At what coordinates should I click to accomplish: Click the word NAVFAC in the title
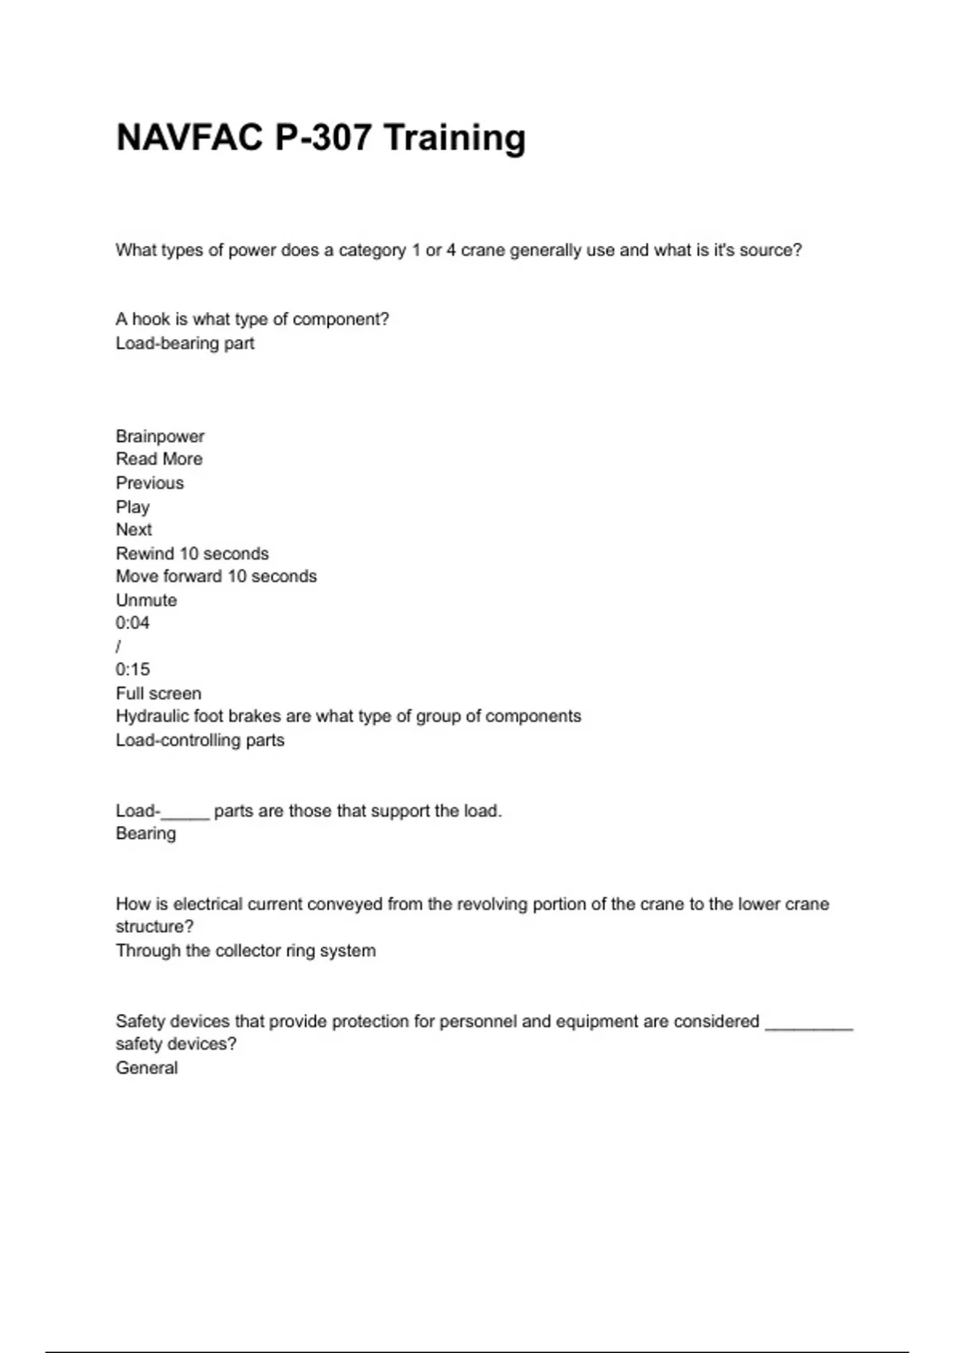(x=189, y=138)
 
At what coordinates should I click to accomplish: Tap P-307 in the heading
(x=323, y=138)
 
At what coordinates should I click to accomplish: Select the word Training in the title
(x=454, y=138)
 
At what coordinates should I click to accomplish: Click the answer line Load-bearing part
(x=185, y=343)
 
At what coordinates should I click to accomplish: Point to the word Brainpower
(x=160, y=436)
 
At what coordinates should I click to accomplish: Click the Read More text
(x=159, y=459)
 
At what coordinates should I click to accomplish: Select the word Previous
(x=150, y=483)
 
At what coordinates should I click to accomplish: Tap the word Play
(x=132, y=507)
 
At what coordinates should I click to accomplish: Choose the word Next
(x=134, y=530)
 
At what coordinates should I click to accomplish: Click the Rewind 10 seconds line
(x=192, y=553)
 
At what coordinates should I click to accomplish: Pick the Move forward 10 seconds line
(x=216, y=576)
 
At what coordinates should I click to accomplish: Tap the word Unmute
(x=146, y=600)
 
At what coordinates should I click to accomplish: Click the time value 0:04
(x=132, y=623)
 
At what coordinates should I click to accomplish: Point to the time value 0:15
(x=132, y=669)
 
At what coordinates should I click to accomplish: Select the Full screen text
(x=158, y=693)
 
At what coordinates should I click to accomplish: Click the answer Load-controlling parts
(x=200, y=740)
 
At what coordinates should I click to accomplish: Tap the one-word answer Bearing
(x=146, y=833)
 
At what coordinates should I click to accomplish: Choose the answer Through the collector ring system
(x=245, y=950)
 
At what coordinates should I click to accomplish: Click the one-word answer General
(x=146, y=1068)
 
